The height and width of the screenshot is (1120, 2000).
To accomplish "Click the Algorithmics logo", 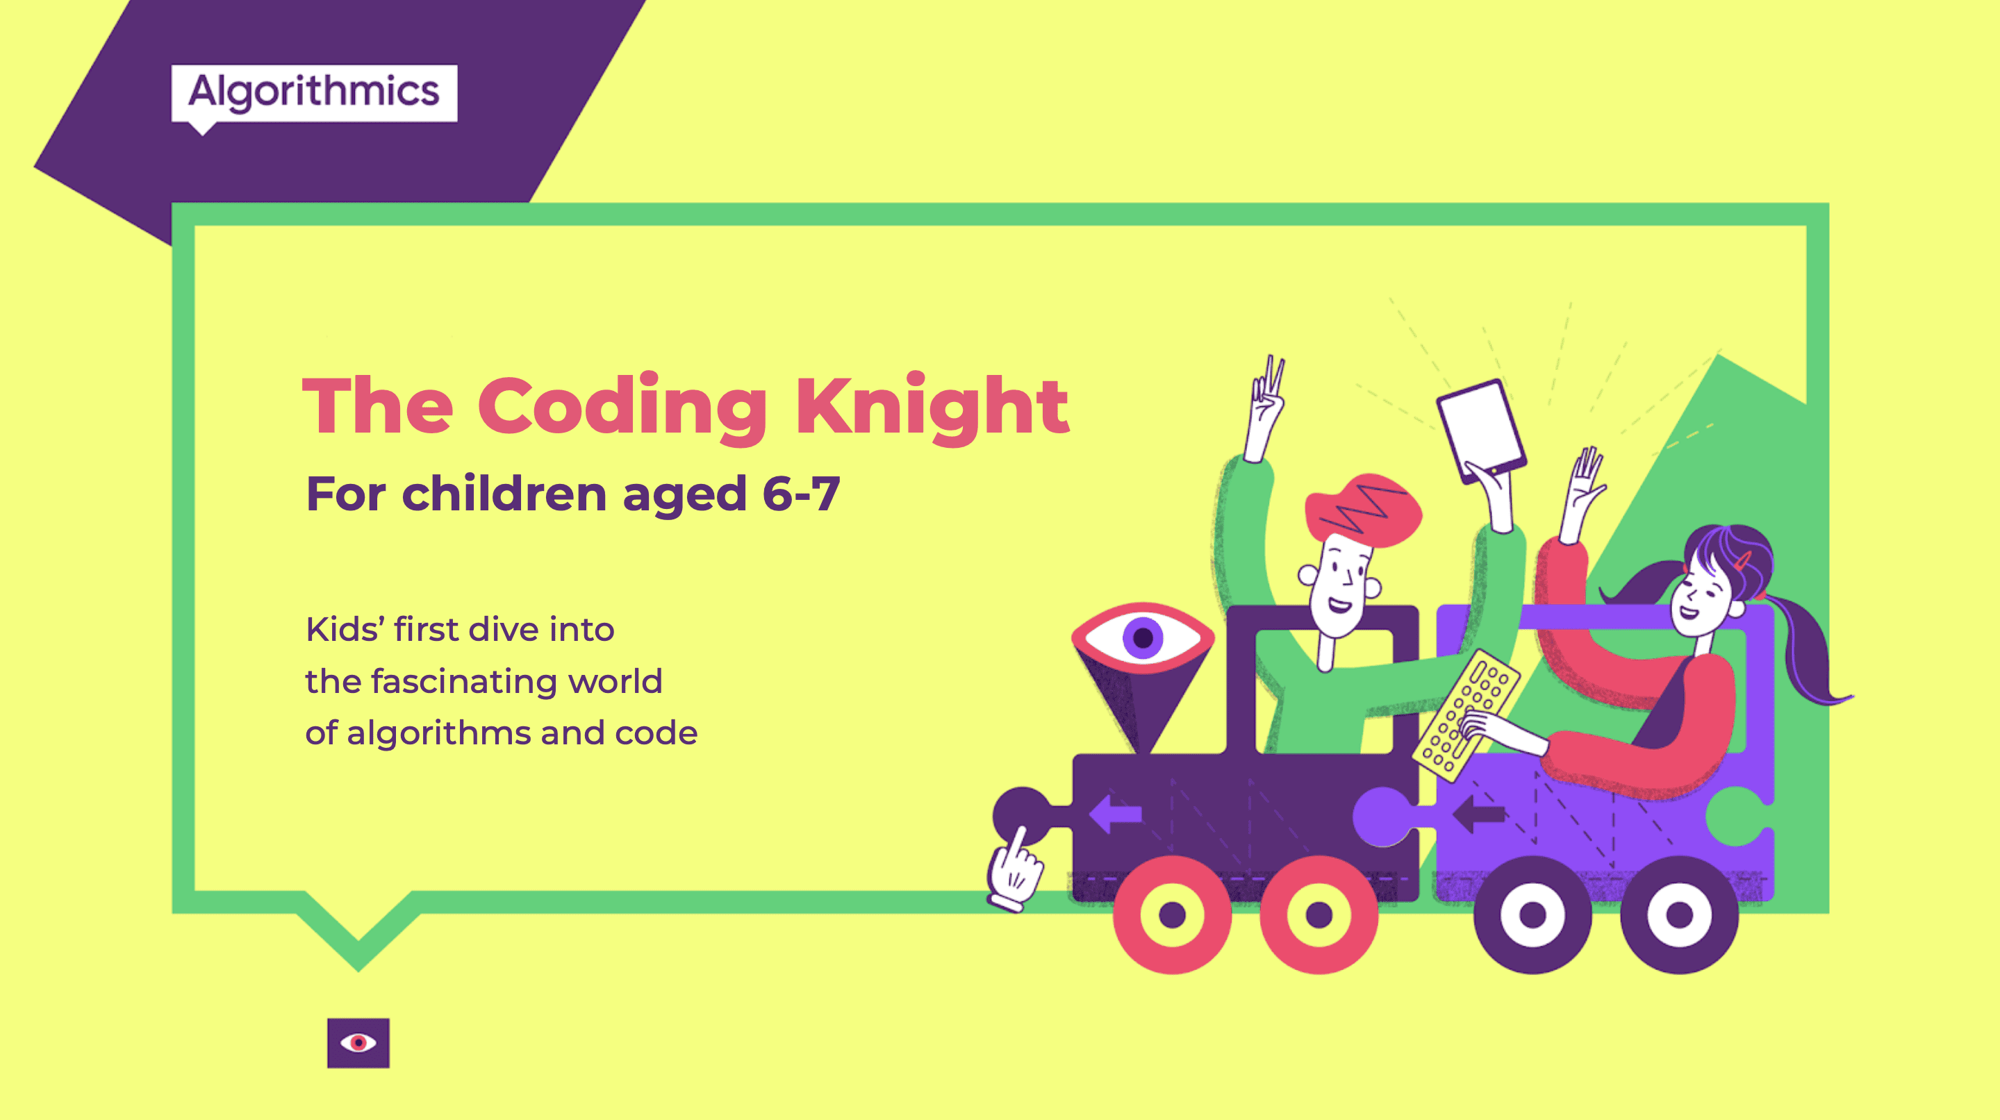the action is click(314, 94).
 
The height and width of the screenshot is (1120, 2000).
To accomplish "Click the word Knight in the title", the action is click(932, 408).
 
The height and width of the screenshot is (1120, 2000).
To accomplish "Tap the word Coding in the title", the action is click(622, 408).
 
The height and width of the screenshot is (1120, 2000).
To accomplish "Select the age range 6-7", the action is click(801, 494).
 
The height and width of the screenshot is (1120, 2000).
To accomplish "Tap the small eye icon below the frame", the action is click(358, 1042).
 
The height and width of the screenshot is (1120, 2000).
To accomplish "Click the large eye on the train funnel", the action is click(1142, 637).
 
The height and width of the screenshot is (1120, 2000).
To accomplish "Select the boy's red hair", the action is click(1362, 509).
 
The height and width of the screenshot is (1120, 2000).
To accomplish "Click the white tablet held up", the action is click(1481, 429).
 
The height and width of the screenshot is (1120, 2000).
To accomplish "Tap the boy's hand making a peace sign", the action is click(1265, 408).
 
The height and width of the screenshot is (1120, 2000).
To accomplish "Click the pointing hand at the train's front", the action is click(1014, 870).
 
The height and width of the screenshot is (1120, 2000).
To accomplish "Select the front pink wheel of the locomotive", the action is click(1173, 914).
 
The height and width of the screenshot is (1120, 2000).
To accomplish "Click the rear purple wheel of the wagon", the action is click(1679, 914).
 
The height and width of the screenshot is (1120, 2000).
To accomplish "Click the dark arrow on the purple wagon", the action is click(1478, 813).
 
